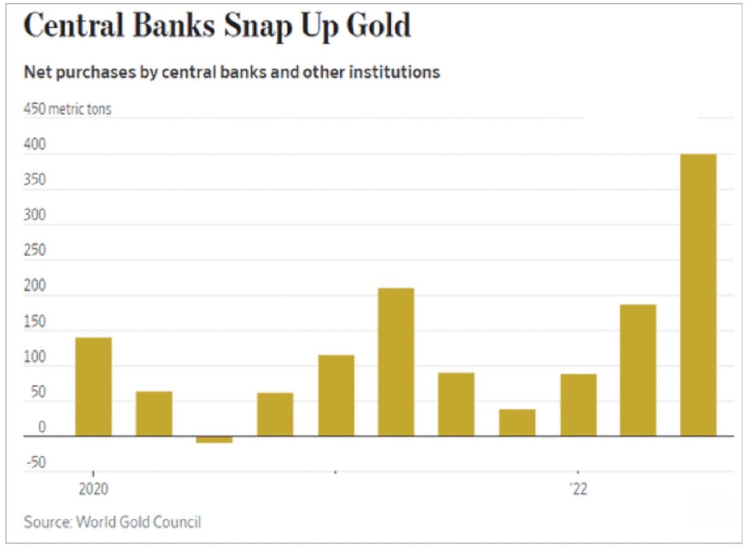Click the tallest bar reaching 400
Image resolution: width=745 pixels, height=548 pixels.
698,295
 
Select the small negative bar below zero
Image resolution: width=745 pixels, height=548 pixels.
214,439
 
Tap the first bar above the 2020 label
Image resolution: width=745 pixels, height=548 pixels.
93,386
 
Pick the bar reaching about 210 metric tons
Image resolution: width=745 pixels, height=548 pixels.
396,362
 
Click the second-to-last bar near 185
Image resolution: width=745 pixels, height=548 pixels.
638,370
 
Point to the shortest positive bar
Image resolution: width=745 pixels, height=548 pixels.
517,422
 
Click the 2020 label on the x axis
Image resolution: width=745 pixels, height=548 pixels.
93,489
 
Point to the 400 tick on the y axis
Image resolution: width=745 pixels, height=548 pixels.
34,145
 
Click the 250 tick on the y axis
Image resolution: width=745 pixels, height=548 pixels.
34,251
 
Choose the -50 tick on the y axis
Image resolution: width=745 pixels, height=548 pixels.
35,463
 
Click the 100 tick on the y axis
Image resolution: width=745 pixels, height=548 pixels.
34,357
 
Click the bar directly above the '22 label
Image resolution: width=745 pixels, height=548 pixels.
578,404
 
